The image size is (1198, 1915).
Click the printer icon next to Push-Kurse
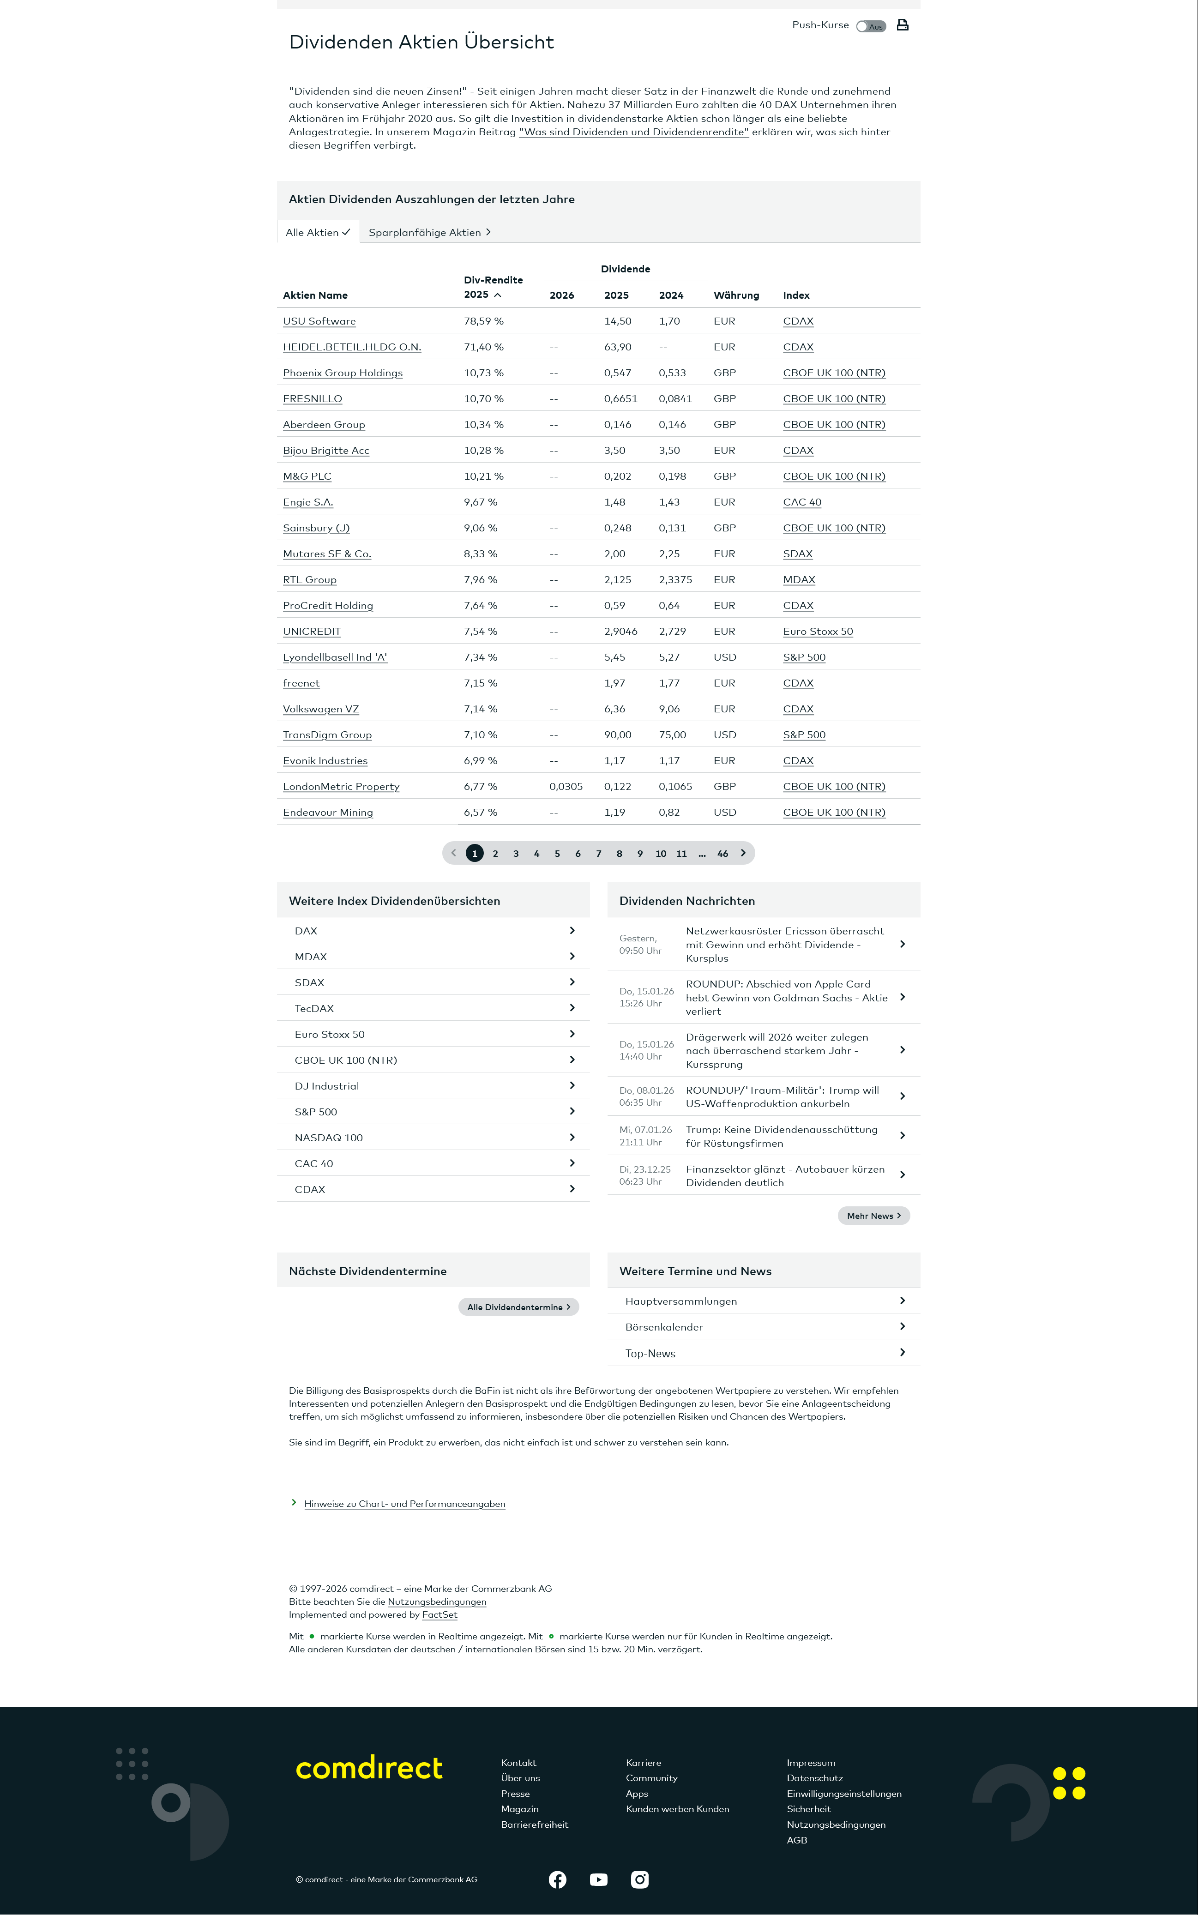tap(902, 25)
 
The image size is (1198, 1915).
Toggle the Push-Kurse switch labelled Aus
tap(871, 26)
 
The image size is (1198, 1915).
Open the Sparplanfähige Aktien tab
tap(429, 232)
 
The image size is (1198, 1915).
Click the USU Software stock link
tap(319, 321)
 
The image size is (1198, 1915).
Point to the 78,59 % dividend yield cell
tap(483, 321)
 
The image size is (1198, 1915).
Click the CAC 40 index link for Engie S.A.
tap(802, 502)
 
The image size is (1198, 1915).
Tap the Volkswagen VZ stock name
tap(321, 709)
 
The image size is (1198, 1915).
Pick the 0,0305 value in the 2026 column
tap(566, 787)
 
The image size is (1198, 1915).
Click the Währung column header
tap(736, 295)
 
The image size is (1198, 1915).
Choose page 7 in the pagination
tap(598, 853)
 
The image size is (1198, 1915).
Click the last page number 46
tap(722, 853)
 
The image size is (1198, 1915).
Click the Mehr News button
tap(873, 1216)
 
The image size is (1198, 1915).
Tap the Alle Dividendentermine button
tap(518, 1307)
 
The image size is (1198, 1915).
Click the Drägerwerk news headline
tap(777, 1051)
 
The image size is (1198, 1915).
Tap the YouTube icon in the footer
tap(598, 1879)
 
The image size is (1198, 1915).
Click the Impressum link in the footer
tap(811, 1763)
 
